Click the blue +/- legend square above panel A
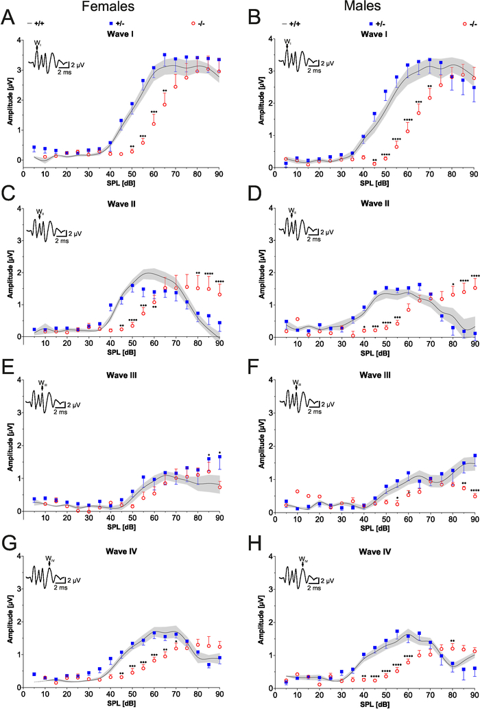pos(111,24)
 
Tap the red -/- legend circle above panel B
pos(465,24)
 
